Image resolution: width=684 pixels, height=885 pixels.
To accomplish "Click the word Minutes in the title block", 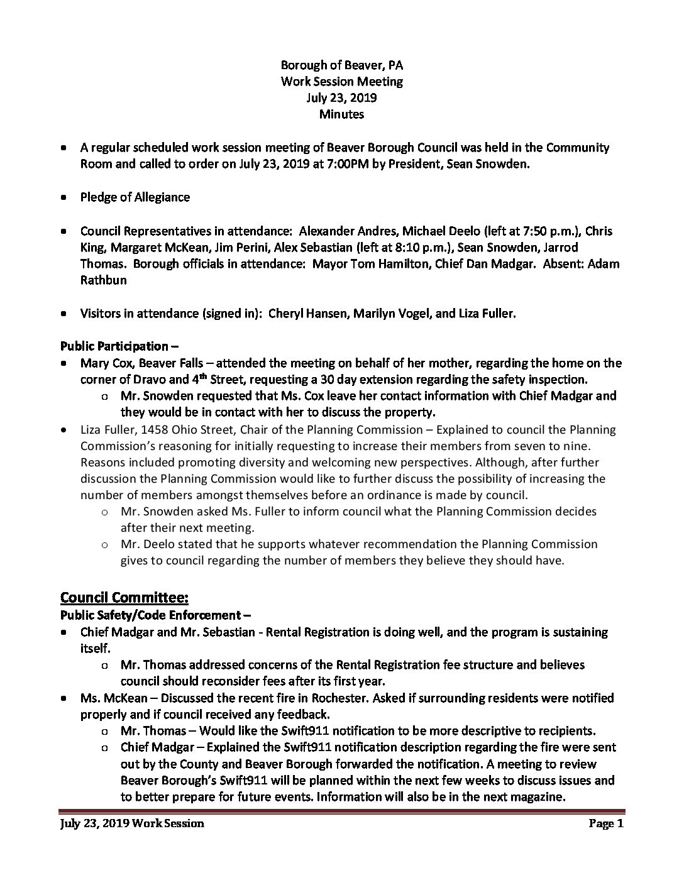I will coord(341,114).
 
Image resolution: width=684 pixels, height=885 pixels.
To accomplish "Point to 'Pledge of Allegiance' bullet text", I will coord(135,197).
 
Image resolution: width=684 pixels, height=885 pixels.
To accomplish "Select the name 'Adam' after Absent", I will coord(603,264).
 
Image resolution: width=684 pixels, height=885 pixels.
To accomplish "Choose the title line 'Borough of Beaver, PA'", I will coord(341,65).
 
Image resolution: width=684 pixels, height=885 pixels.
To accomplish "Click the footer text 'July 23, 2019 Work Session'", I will coord(132,824).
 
